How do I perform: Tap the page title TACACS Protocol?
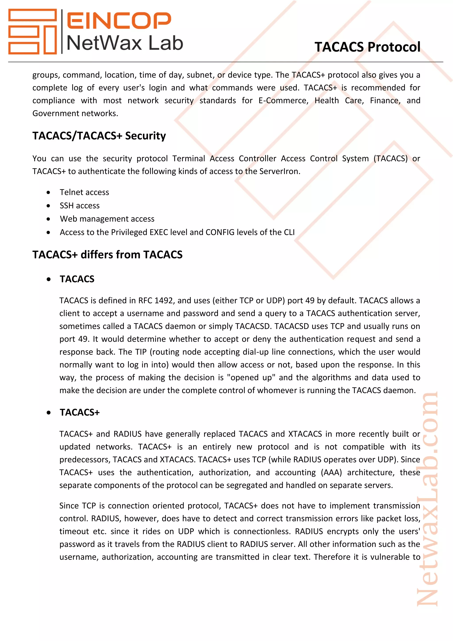(367, 47)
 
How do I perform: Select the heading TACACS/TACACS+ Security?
(99, 136)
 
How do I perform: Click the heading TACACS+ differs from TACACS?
(107, 255)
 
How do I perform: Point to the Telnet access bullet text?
(84, 192)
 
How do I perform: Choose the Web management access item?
(107, 219)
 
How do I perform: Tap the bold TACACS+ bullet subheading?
(79, 412)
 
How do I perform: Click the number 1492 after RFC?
(164, 300)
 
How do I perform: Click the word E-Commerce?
(283, 100)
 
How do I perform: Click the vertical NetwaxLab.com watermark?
(428, 500)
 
